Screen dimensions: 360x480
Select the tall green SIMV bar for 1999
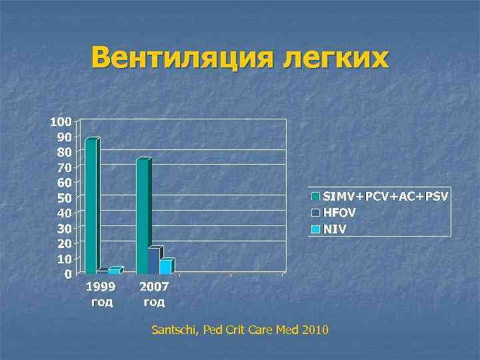(91, 206)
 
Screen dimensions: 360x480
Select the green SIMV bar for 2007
(143, 216)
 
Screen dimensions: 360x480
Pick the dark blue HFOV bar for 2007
(154, 261)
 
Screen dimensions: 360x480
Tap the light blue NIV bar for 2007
(165, 266)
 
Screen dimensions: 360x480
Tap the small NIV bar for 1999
(114, 271)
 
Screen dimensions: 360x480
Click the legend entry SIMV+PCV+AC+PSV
(386, 197)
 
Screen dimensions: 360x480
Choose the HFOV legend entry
(340, 213)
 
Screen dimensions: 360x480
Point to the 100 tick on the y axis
(60, 122)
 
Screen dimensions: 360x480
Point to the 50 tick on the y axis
(63, 198)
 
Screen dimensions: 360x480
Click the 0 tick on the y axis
(68, 274)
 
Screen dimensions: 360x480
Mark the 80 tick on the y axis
(63, 152)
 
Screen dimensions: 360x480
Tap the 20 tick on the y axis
(63, 243)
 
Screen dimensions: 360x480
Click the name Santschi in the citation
(175, 330)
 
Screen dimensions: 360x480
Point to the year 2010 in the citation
(314, 330)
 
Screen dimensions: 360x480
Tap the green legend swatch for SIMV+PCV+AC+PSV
(315, 197)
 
